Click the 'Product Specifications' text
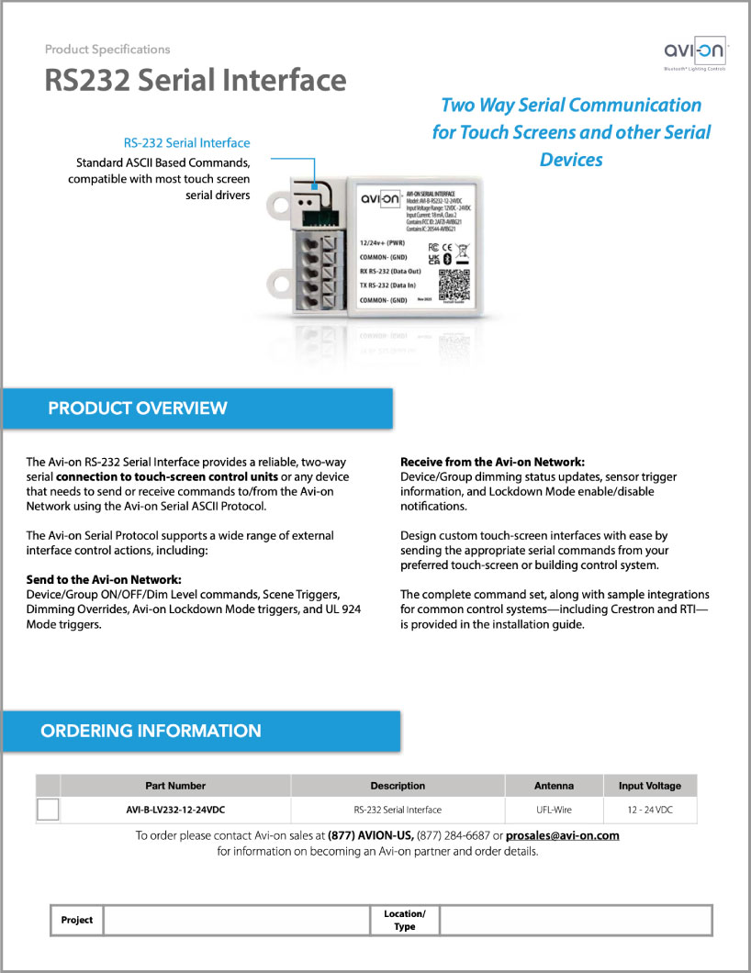click(107, 50)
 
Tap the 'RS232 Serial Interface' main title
click(196, 81)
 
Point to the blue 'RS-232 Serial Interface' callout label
click(186, 143)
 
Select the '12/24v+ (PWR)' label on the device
click(387, 242)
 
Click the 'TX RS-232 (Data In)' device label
click(396, 286)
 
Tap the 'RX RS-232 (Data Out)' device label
click(398, 272)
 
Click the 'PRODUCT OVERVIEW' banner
click(138, 408)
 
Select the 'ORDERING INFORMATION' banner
click(151, 732)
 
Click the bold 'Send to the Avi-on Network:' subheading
click(104, 580)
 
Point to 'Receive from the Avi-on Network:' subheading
click(493, 462)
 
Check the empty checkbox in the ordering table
click(47, 810)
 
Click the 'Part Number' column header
click(175, 786)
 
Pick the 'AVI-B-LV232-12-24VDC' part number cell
click(175, 810)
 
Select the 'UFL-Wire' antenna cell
click(554, 810)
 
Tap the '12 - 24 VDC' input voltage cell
click(650, 810)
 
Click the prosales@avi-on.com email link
click(563, 835)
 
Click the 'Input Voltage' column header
click(650, 786)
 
